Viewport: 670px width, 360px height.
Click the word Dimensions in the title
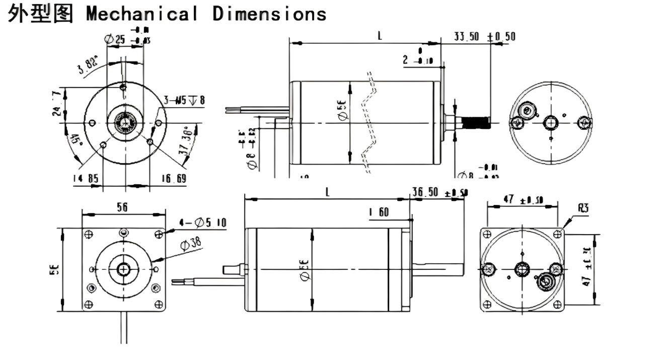pos(269,13)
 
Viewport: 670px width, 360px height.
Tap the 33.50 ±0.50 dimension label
pos(484,36)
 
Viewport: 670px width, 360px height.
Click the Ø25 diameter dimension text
pos(115,38)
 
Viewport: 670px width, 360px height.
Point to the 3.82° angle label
pos(89,67)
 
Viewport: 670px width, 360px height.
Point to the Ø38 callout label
pos(189,244)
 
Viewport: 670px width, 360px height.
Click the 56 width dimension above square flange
pos(122,207)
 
